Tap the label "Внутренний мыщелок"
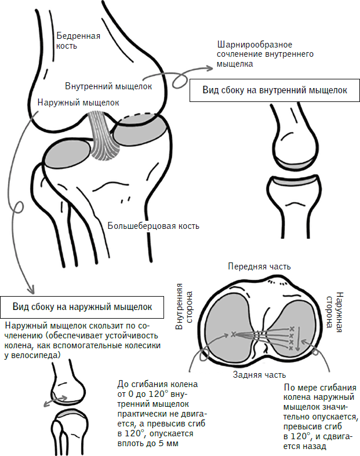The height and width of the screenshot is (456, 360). [108, 86]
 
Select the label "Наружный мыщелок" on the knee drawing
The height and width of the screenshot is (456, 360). [78, 103]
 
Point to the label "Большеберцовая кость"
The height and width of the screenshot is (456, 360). [154, 225]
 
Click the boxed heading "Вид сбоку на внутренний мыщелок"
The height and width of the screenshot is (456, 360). [274, 90]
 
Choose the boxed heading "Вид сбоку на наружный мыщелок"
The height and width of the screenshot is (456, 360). [82, 306]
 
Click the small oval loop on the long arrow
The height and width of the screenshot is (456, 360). [19, 207]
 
